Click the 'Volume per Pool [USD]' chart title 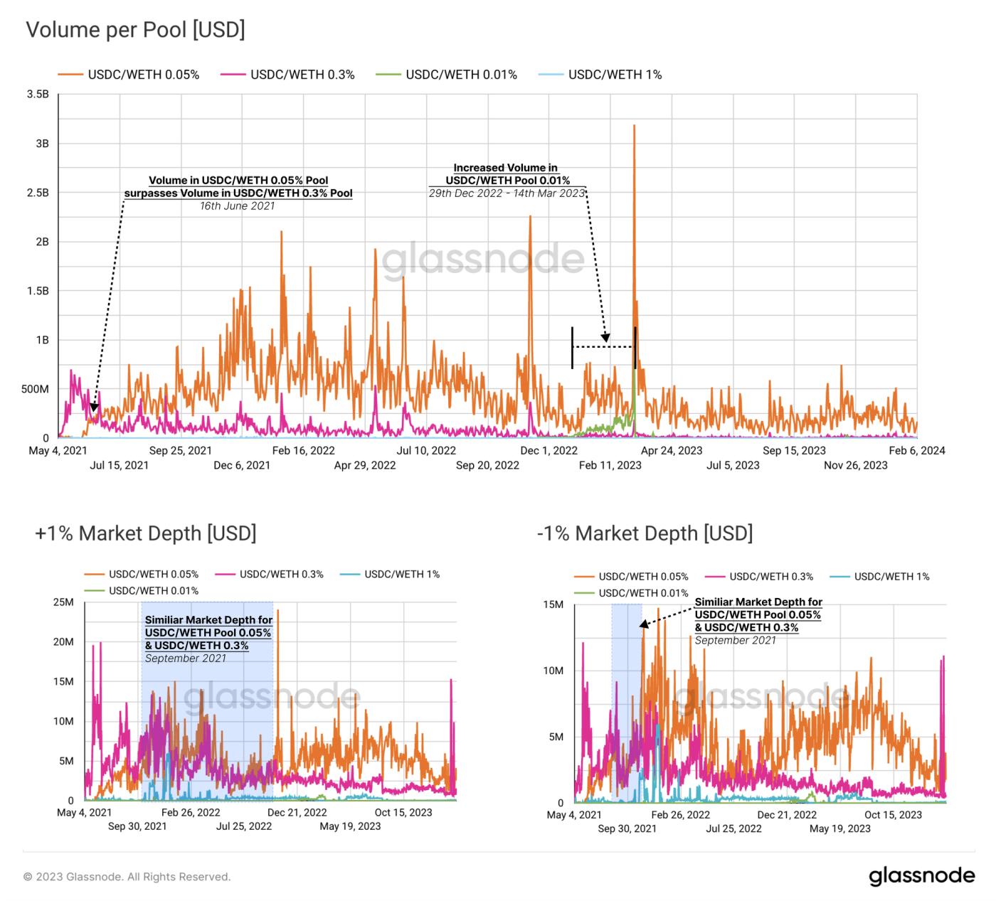135,31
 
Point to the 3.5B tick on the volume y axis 37,95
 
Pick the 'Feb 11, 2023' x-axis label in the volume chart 610,465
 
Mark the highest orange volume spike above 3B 634,127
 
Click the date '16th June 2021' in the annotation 237,206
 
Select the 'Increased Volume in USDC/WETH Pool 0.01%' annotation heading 506,174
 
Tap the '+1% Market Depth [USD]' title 145,533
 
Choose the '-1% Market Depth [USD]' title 645,533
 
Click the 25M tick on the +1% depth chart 63,603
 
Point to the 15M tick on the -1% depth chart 553,604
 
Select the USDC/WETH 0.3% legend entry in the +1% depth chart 281,574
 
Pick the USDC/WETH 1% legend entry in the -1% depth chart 891,577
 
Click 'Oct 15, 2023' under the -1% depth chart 893,815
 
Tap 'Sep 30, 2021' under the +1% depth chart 137,826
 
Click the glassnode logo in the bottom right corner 921,875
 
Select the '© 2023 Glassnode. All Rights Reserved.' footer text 127,877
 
